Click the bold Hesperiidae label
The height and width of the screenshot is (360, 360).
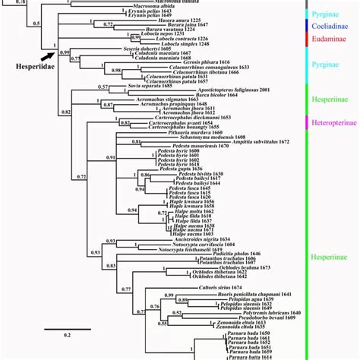point(27,66)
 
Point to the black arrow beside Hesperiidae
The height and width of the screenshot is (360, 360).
point(50,54)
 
